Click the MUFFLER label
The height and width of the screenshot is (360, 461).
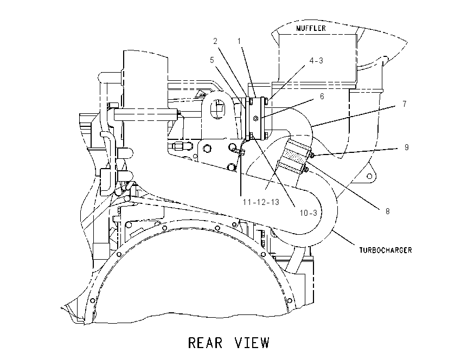[x=311, y=28]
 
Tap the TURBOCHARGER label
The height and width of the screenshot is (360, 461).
[x=386, y=250]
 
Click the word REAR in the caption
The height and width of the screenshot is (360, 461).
[x=205, y=343]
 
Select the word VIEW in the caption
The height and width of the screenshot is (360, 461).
[x=252, y=343]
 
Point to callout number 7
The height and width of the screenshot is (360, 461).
[x=405, y=104]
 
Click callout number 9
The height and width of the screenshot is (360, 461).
[x=407, y=147]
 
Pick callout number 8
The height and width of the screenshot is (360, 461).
[x=387, y=211]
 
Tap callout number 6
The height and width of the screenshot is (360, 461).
[x=322, y=97]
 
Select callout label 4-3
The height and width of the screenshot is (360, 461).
[x=316, y=61]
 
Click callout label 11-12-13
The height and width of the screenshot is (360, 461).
[x=261, y=202]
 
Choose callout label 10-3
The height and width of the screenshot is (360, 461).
[x=309, y=213]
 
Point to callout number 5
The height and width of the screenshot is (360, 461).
[x=212, y=60]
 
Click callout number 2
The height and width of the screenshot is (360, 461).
[x=215, y=41]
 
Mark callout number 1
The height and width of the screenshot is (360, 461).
[x=239, y=41]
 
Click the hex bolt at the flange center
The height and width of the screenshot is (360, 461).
[x=255, y=118]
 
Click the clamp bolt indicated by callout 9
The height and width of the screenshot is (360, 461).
[x=313, y=155]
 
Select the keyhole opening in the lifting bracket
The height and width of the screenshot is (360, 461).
[x=217, y=108]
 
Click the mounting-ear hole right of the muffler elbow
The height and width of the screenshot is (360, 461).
[x=369, y=176]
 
